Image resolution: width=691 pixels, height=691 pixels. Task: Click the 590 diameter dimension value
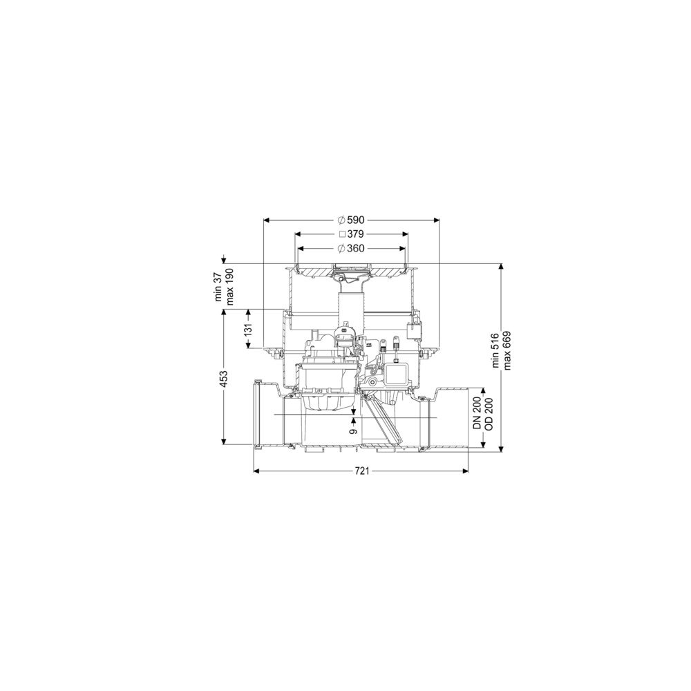click(x=351, y=220)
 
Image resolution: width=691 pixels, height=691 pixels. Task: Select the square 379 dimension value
click(x=351, y=234)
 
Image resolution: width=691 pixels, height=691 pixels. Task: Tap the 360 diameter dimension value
click(x=351, y=249)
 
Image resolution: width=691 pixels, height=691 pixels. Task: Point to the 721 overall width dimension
click(x=361, y=471)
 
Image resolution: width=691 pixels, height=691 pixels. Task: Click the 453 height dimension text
click(x=224, y=379)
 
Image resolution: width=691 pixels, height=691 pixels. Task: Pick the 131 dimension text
click(x=249, y=329)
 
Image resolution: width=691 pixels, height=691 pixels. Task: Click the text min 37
click(x=219, y=287)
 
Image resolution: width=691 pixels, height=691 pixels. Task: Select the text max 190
click(x=229, y=287)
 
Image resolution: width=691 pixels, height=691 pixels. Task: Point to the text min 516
click(x=496, y=350)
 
